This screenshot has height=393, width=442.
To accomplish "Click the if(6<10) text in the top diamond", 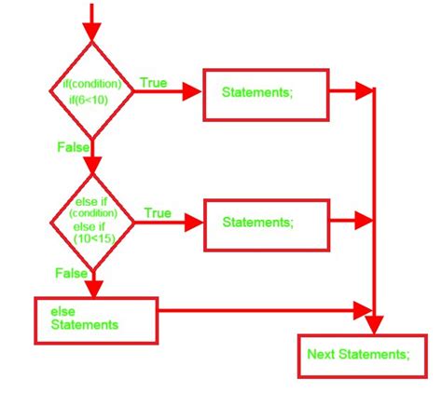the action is pos(89,100).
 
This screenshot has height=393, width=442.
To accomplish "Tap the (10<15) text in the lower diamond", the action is pos(94,238).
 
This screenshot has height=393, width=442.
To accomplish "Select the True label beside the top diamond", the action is pos(154,83).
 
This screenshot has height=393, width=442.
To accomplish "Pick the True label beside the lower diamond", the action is pos(158,213).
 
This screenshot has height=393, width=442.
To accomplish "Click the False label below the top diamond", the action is pos(74,147).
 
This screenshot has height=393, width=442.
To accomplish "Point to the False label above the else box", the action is pos(71,273).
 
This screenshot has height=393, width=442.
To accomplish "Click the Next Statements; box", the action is pos(363,356).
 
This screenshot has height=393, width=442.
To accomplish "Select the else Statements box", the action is pos(96,320).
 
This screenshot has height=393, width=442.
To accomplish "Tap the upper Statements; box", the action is pos(266,95).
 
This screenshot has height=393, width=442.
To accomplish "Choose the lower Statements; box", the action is pos(267,225).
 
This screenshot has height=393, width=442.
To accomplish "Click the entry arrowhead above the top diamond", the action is pos(91,32).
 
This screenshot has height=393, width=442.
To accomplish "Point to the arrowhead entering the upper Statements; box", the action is pos(192,91).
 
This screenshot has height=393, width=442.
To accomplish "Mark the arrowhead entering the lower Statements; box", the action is pos(194,223).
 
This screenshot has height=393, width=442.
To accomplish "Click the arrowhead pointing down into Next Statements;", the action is pos(374,325).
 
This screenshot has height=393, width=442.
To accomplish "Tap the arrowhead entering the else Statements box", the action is pos(94,289).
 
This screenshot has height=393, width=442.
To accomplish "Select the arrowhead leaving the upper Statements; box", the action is pos(364,90).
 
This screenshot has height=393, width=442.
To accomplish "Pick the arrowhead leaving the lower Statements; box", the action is pos(364,221).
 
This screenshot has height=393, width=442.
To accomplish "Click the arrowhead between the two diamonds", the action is pos(92,165).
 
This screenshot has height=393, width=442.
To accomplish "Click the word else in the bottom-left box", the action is pos(62,312).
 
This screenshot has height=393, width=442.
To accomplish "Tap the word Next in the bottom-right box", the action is pos(321,354).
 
